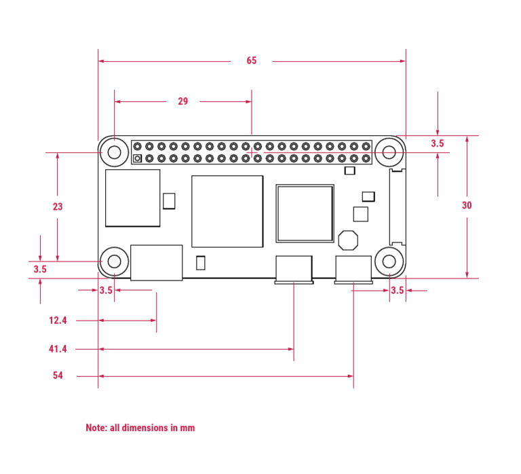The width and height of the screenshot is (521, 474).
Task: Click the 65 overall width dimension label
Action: click(x=252, y=61)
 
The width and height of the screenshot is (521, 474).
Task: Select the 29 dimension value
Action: click(x=183, y=102)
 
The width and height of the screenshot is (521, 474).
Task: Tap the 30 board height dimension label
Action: click(x=467, y=205)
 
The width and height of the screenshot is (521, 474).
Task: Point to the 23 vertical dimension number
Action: click(x=58, y=206)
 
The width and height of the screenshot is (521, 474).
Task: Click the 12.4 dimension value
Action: click(x=58, y=321)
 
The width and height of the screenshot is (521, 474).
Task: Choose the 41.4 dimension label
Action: click(x=58, y=349)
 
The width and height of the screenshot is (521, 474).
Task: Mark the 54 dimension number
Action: click(x=58, y=375)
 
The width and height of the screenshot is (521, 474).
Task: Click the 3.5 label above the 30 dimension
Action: click(x=438, y=144)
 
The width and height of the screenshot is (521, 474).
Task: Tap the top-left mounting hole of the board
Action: click(x=114, y=152)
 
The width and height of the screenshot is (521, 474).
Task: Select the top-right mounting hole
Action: click(x=390, y=152)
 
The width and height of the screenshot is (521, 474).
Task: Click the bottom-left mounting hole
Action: click(x=114, y=261)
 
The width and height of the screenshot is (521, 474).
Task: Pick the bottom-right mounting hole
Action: click(x=390, y=261)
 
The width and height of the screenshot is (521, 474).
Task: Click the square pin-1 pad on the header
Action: click(x=138, y=159)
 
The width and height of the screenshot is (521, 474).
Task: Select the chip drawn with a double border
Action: click(x=305, y=213)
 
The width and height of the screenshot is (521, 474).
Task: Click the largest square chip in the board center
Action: click(x=227, y=211)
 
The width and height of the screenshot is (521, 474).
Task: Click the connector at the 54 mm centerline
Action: click(x=353, y=270)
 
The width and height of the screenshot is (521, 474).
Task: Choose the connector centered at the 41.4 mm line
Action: click(x=294, y=270)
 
